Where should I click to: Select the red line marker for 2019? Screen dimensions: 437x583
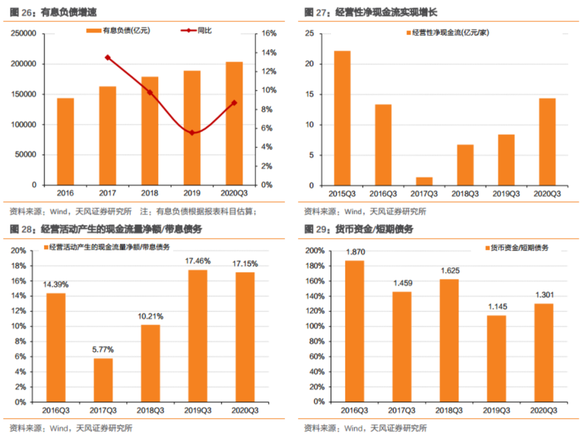pyautogui.click(x=192, y=132)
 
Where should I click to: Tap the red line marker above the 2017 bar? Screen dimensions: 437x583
pyautogui.click(x=107, y=57)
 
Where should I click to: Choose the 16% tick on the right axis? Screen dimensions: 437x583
pyautogui.click(x=269, y=33)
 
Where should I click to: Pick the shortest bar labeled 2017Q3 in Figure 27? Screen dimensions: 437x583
pyautogui.click(x=424, y=181)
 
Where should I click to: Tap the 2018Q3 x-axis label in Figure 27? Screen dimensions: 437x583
pyautogui.click(x=465, y=193)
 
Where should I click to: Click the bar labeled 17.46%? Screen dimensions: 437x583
pyautogui.click(x=198, y=336)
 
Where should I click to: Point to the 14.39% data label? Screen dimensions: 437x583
pyautogui.click(x=56, y=285)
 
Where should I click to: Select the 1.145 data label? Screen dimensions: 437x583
pyautogui.click(x=496, y=307)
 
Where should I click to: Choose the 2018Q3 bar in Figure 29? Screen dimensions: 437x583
pyautogui.click(x=449, y=340)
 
